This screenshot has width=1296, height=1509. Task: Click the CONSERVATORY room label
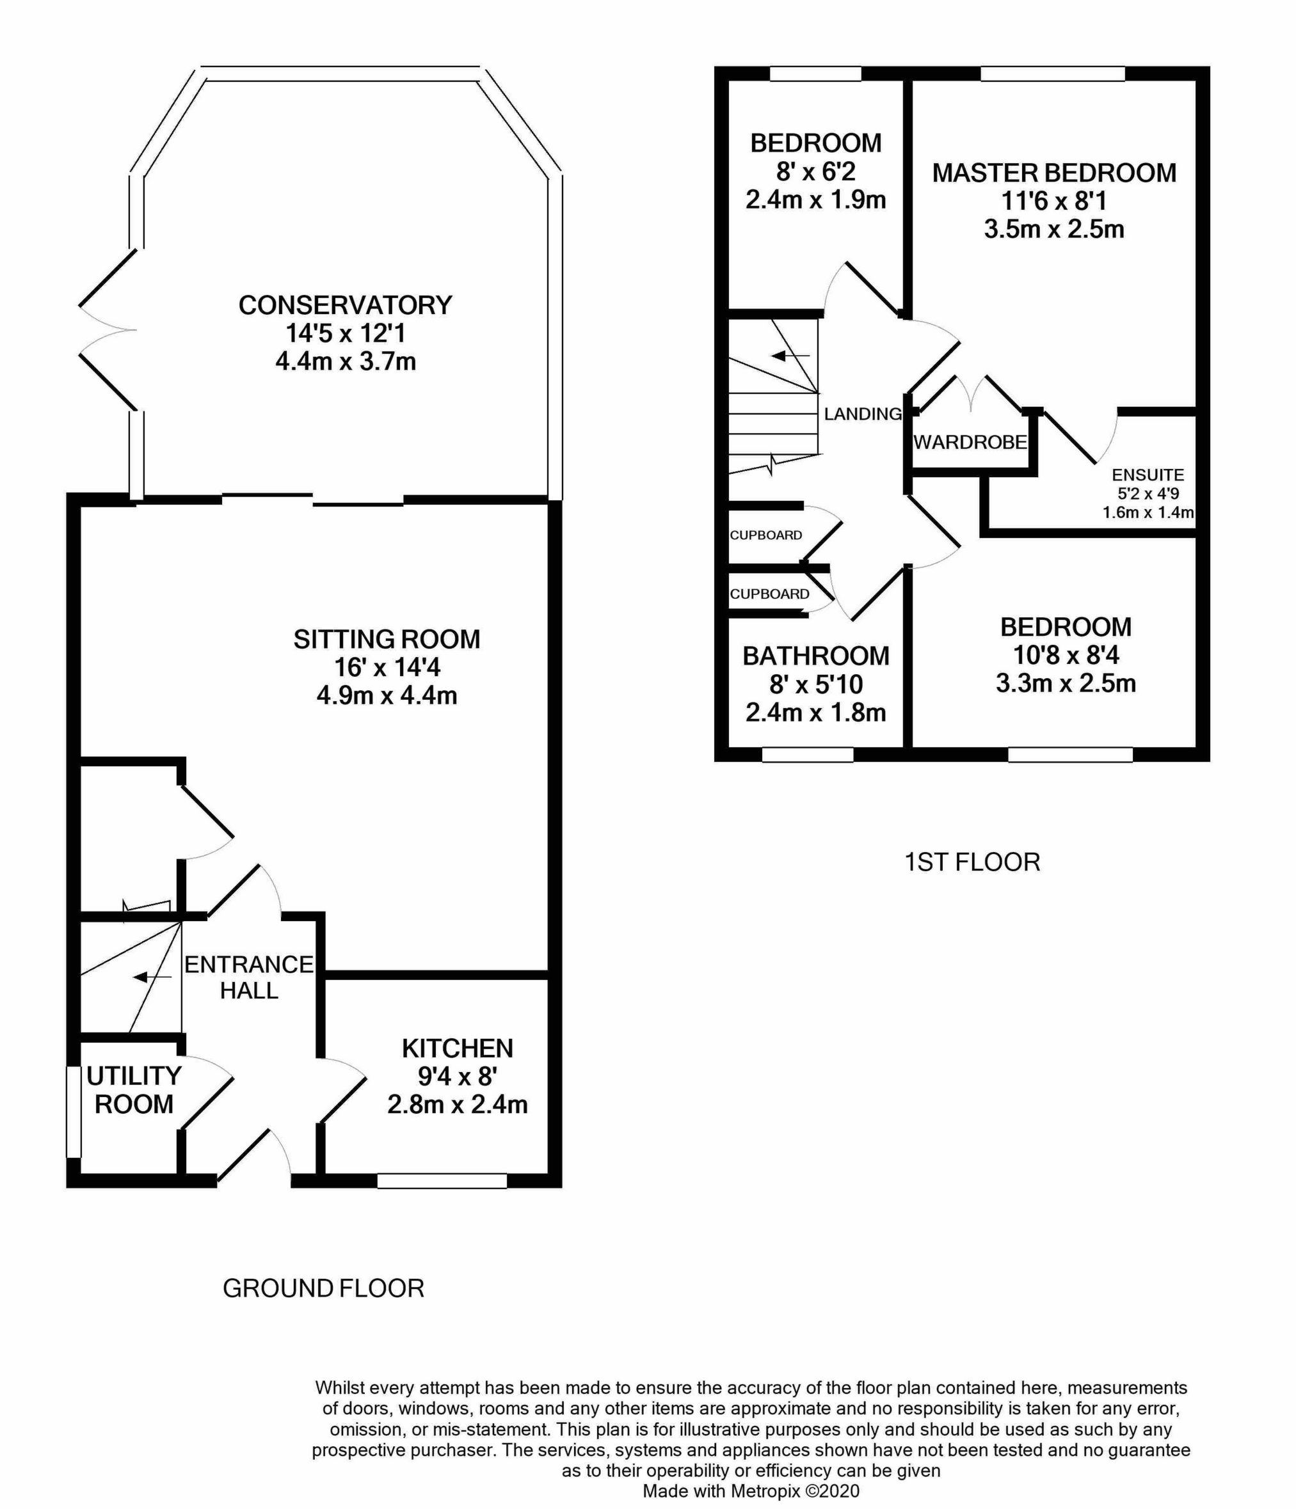(346, 305)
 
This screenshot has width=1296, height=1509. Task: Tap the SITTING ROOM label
(387, 640)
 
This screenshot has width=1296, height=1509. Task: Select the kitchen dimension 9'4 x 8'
(457, 1077)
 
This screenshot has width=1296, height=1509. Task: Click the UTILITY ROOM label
(134, 1089)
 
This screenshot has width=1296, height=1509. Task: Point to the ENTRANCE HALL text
(248, 977)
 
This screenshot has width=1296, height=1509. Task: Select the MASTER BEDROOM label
(1054, 173)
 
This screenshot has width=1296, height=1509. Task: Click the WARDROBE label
(970, 442)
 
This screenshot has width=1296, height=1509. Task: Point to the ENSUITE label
(1148, 475)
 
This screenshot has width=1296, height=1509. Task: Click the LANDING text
(863, 414)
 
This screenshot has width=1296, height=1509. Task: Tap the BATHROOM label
(815, 656)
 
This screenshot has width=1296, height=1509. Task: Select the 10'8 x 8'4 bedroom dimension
(1066, 656)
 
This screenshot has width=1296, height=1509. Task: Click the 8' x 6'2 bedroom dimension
(815, 172)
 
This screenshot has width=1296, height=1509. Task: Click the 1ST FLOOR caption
(972, 862)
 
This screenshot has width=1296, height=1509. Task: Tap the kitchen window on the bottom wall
(442, 1181)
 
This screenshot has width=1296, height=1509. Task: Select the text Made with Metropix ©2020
(750, 1491)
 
